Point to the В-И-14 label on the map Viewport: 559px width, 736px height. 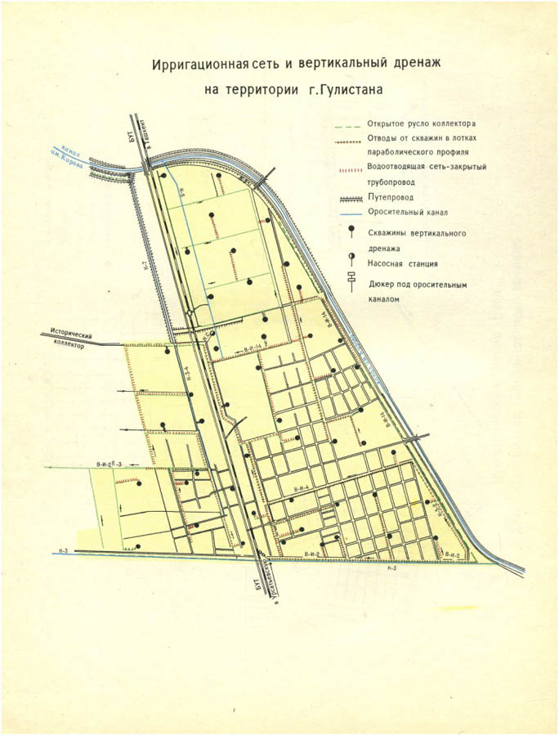[x=252, y=349]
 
